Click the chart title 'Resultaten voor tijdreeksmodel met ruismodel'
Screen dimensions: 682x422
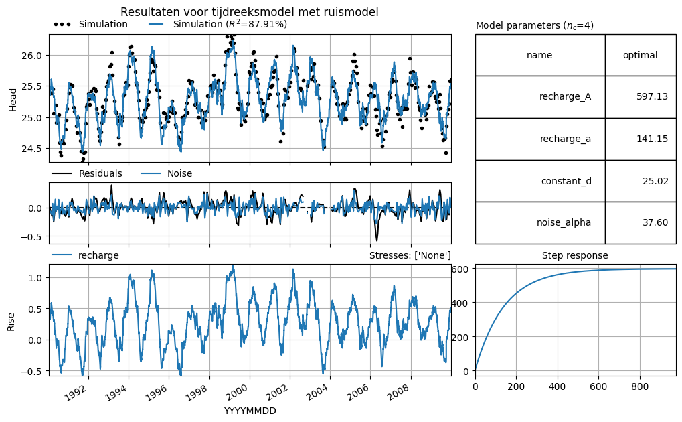[249, 12]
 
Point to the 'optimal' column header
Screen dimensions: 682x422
[641, 56]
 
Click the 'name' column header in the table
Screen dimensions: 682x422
[539, 56]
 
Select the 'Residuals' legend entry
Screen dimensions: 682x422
[87, 173]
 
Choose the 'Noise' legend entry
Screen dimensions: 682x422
[167, 173]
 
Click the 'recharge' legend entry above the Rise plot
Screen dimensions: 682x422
[85, 255]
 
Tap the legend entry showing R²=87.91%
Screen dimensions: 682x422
[218, 24]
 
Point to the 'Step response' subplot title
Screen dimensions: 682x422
[575, 256]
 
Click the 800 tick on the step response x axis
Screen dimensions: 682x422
[639, 386]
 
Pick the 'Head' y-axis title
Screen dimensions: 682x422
[13, 100]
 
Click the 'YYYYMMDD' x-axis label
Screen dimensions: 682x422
[250, 411]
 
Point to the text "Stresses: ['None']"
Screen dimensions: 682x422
[410, 256]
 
